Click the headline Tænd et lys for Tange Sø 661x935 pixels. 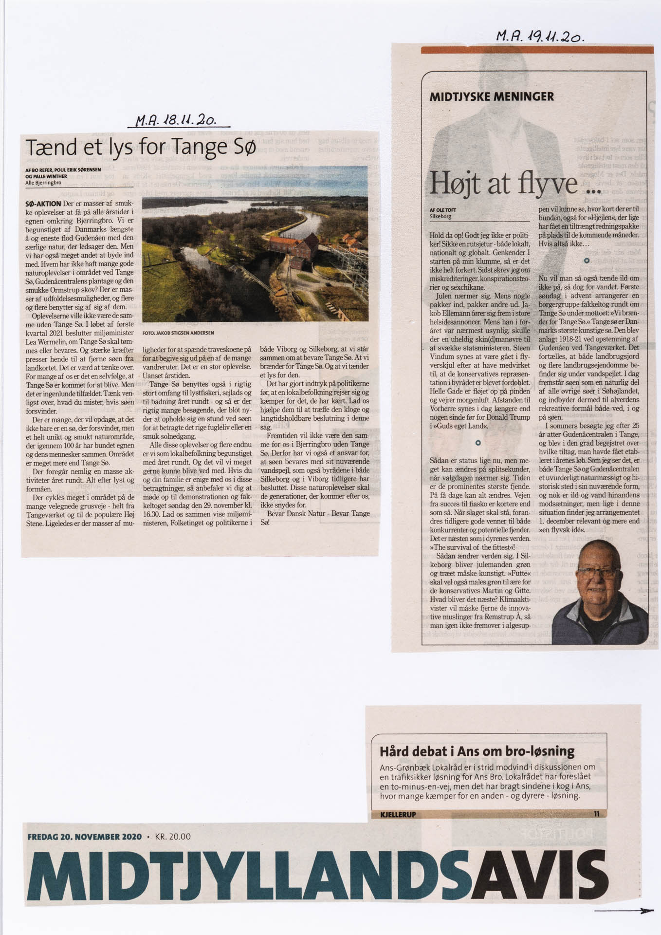[x=140, y=147]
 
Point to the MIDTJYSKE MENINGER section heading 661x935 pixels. [x=492, y=96]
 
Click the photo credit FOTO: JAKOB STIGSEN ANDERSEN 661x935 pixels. [x=178, y=333]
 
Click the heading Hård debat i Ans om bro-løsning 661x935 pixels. [x=477, y=751]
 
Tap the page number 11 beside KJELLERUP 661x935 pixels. [x=597, y=814]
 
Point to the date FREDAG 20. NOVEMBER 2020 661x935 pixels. [x=85, y=837]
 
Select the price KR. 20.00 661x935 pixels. [x=173, y=837]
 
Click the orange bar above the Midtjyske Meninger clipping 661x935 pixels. [x=537, y=50]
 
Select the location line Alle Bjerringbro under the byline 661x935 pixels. [x=43, y=182]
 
